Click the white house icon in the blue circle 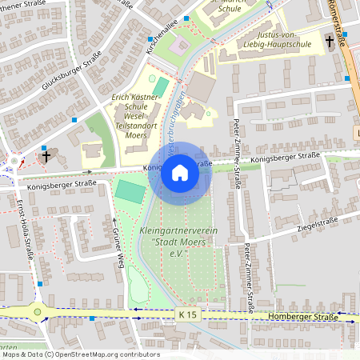point(180,173)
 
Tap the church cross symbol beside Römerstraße point(329,41)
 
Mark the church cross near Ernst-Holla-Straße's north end point(47,155)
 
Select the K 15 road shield point(187,315)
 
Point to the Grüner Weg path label point(117,240)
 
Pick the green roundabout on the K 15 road point(37,312)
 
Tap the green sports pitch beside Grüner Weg point(128,190)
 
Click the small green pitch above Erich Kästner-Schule point(161,86)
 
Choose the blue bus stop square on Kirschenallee point(150,38)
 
